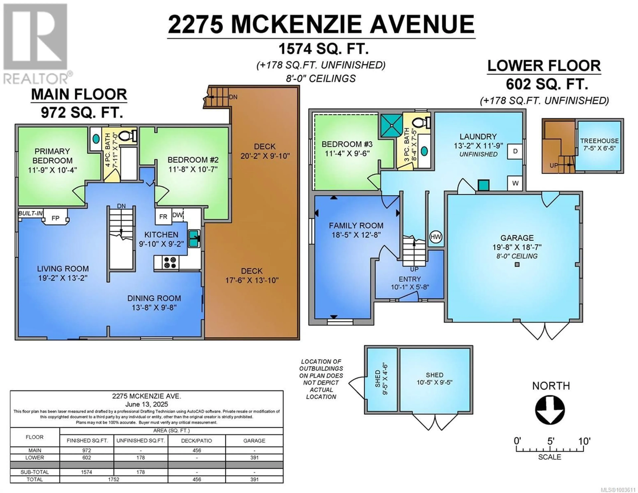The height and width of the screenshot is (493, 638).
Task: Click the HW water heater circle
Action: pos(436,237)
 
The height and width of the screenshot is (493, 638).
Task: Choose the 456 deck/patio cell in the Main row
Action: pos(197,450)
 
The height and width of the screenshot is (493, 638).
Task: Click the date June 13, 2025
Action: pos(147,404)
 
